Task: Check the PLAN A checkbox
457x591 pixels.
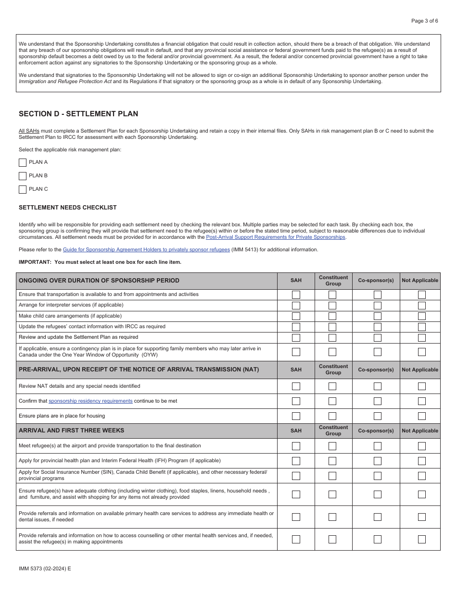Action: click(23, 162)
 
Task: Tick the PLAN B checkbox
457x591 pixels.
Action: click(23, 176)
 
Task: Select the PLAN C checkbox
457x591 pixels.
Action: click(23, 189)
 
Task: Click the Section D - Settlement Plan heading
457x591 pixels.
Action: click(78, 114)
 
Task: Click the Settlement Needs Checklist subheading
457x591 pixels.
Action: click(67, 208)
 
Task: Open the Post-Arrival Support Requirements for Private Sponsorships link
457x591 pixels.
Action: click(275, 237)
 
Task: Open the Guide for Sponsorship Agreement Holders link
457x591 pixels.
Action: click(146, 249)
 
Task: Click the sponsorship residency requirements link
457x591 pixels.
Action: click(90, 401)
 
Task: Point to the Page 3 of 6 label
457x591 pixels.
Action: click(424, 21)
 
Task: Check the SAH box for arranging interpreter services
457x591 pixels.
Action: click(296, 305)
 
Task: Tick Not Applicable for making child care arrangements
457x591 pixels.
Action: click(421, 316)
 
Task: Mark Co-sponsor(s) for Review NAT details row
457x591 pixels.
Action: click(378, 386)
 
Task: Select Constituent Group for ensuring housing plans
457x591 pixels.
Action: click(332, 416)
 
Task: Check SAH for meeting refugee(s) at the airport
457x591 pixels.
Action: click(296, 446)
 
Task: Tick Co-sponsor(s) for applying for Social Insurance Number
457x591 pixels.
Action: click(378, 476)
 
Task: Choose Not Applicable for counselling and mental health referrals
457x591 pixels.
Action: click(421, 539)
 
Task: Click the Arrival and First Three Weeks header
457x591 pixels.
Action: click(71, 431)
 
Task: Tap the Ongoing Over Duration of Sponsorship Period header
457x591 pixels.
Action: click(99, 281)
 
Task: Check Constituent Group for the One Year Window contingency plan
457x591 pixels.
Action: click(332, 352)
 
